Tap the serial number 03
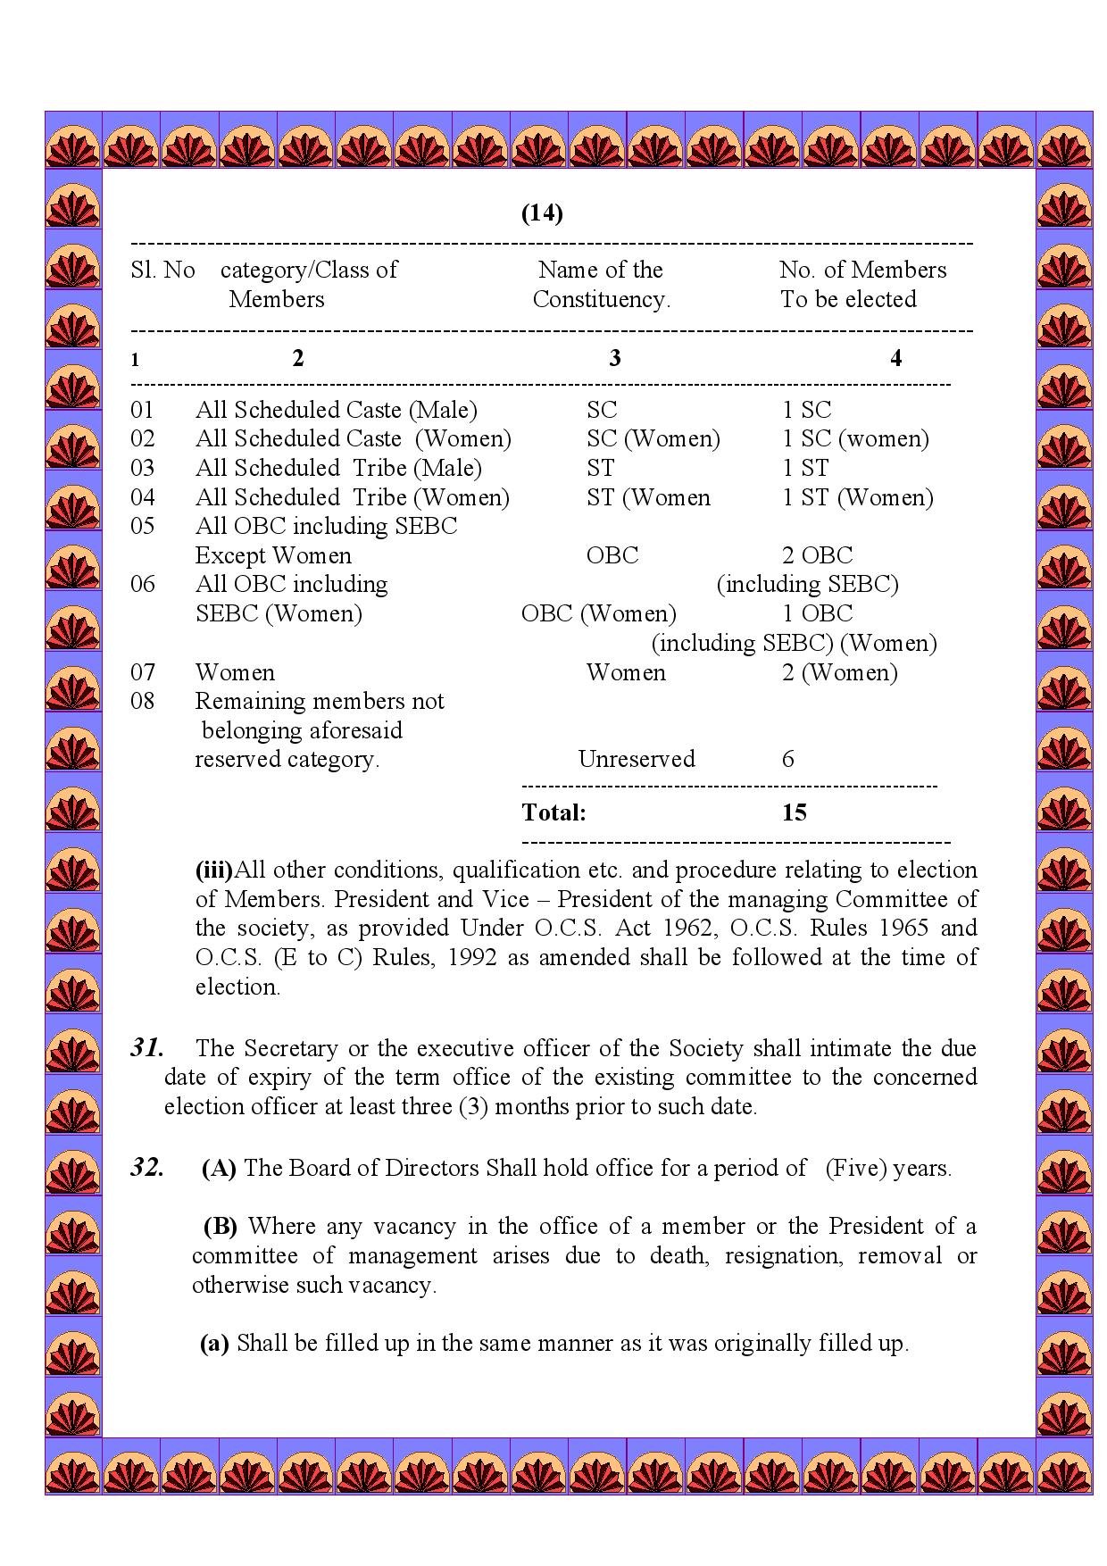[142, 468]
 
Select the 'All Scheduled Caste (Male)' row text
[336, 410]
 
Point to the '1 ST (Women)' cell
[857, 497]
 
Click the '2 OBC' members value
[817, 555]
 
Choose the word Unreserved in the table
[636, 759]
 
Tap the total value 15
[794, 812]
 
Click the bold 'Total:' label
[553, 812]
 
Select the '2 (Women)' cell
[839, 672]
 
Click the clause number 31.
[146, 1047]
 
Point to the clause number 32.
[146, 1168]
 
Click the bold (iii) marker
[213, 870]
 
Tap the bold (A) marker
[219, 1168]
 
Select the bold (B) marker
[220, 1226]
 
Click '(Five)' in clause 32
[854, 1168]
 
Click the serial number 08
[142, 701]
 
